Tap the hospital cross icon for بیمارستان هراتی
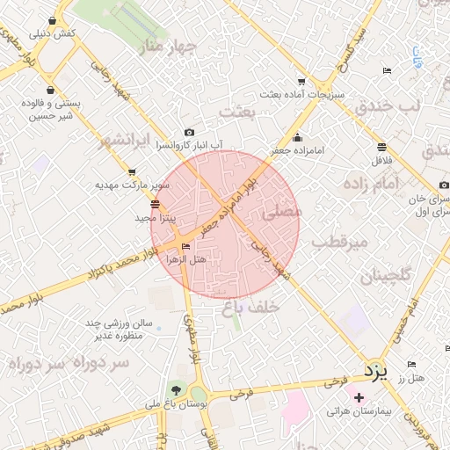pos(359,397)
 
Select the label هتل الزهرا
pos(186,260)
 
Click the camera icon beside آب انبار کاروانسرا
pos(189,132)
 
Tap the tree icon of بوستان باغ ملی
pos(178,389)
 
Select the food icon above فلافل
pos(381,147)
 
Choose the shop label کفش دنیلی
pos(53,33)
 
